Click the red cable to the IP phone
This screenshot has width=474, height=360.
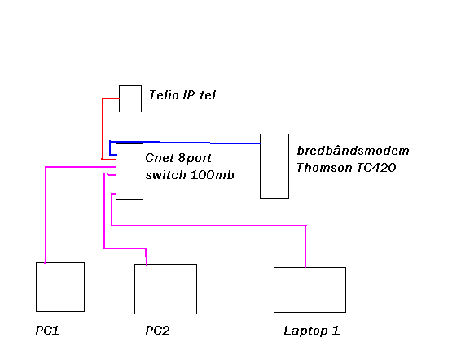coord(103,129)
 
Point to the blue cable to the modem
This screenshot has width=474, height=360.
coord(185,142)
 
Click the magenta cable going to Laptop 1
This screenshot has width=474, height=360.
coord(208,226)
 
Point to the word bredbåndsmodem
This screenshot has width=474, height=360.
coord(353,150)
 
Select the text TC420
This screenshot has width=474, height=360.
coord(376,167)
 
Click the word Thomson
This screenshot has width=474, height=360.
coord(324,167)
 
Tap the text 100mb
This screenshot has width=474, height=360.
coord(213,175)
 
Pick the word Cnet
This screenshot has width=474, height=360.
coord(160,158)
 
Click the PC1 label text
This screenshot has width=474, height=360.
coord(47,331)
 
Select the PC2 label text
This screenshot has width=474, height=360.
coord(157,331)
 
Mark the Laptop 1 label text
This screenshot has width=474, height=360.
coord(312,331)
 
